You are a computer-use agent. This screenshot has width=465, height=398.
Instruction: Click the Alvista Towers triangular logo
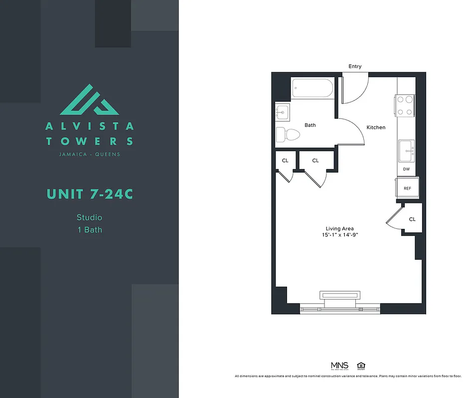coord(90,99)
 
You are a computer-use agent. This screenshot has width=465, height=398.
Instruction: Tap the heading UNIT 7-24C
coord(90,194)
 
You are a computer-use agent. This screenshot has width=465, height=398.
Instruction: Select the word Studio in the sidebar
coord(89,217)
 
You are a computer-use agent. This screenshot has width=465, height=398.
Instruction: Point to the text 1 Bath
coord(89,229)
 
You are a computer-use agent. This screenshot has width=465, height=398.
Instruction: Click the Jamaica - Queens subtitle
coord(90,154)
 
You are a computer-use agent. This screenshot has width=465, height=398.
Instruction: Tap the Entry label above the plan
coord(355,66)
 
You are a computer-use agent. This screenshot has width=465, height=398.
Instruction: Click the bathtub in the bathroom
coord(312,88)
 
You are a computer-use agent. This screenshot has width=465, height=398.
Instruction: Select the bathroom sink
coord(282,113)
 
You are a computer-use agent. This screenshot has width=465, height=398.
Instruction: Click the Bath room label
coord(310,125)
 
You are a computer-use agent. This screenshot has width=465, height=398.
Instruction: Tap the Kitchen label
coord(376,127)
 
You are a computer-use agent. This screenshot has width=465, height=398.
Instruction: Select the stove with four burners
coord(406,105)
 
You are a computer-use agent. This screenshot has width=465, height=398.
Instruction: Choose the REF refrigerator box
coord(407,189)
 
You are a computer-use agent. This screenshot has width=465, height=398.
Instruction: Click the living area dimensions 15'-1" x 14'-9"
coord(340,235)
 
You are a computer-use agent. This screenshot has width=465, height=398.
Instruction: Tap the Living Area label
coord(340,229)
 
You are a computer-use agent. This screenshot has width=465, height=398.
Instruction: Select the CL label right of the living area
coord(412,219)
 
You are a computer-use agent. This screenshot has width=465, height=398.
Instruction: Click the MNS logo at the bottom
coord(339,366)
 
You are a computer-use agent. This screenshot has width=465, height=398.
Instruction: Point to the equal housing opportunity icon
coord(361,366)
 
